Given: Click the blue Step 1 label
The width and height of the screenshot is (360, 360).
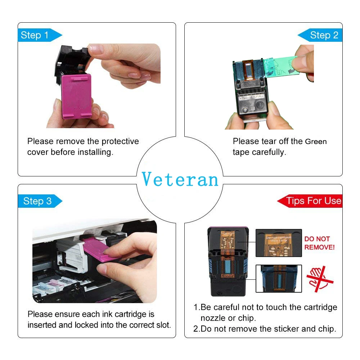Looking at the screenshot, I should coord(36,35).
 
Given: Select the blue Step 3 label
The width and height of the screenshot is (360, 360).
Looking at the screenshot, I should coord(37,201).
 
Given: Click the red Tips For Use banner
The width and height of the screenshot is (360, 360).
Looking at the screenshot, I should coord(312,201).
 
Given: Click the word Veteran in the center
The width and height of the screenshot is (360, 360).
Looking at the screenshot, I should coord(180,179).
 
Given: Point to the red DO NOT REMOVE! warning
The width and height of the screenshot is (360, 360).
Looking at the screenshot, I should coord(319,243).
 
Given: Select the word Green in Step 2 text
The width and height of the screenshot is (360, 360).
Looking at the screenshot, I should coord(316,141).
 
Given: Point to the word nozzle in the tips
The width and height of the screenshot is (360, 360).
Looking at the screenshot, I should coord(213,318).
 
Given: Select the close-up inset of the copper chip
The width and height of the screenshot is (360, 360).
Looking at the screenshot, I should coord(278,243).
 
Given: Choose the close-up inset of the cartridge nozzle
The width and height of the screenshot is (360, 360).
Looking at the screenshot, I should coord(278,278).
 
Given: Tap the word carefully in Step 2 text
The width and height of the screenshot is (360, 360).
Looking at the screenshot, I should coord(269,152).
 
